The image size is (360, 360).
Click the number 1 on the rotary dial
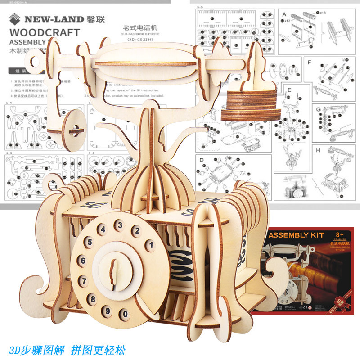[x=151, y=245]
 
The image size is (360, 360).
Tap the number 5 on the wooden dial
[x=90, y=242]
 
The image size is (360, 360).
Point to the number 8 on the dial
[x=93, y=298]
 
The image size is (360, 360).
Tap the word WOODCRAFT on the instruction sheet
[x=44, y=32]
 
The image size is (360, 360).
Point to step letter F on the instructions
[x=309, y=62]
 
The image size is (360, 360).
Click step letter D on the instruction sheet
[x=202, y=160]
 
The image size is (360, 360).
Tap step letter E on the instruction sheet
[x=290, y=90]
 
